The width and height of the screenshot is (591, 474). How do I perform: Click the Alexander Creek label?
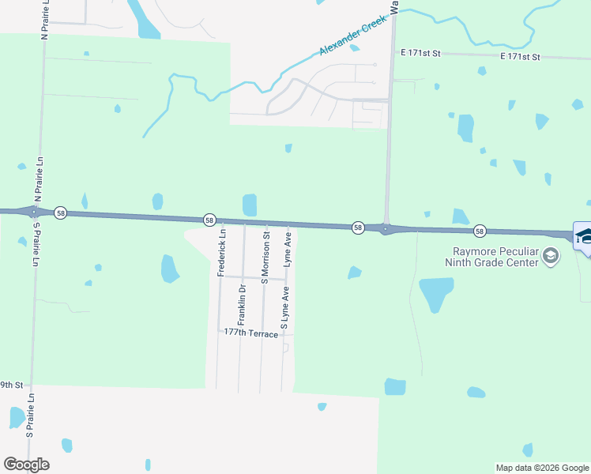coord(355,37)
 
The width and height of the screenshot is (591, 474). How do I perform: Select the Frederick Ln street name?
coord(222,254)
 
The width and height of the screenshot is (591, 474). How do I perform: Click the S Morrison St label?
coord(265,258)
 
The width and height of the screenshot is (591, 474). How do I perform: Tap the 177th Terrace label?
coord(250,334)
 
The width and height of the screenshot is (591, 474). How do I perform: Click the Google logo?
coord(26,465)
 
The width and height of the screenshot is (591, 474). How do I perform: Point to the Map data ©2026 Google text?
coord(542,468)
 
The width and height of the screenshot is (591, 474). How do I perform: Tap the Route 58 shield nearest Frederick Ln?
coord(209,219)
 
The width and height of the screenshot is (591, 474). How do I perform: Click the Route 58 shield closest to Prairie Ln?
coord(61,213)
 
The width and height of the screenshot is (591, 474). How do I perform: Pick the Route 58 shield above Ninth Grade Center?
coord(480,231)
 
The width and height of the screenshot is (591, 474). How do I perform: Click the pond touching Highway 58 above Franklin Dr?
coord(250,205)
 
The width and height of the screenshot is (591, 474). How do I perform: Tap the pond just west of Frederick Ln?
coord(170,269)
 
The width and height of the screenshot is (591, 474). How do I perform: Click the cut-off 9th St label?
coord(9,385)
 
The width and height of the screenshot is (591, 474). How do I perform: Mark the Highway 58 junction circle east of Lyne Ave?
coord(385,229)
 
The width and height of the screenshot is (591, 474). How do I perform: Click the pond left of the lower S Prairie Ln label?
coord(16,416)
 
